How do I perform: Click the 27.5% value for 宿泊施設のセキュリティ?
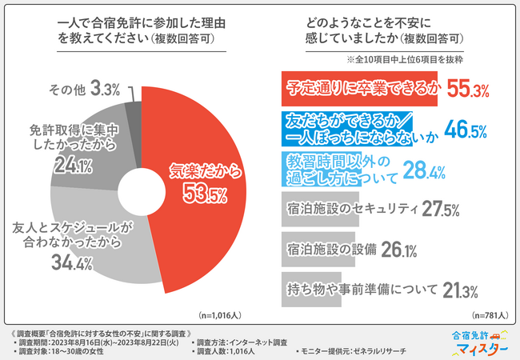pyautogui.click(x=441, y=209)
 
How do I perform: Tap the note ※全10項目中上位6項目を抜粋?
pyautogui.click(x=408, y=60)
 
